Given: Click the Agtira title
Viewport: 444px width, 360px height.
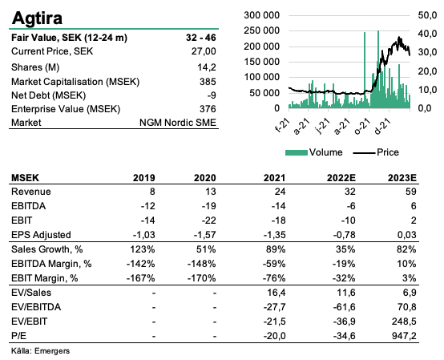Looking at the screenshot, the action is click(37, 18).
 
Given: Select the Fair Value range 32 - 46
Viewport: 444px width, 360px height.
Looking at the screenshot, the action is click(201, 38).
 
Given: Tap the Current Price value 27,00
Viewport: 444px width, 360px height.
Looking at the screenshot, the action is click(204, 51).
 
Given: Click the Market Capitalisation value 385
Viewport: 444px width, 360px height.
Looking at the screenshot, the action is click(208, 82).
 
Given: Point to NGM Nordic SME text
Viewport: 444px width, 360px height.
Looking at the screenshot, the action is click(178, 123).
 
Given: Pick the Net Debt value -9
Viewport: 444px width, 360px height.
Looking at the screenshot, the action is click(212, 95).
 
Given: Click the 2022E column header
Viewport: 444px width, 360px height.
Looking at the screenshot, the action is click(341, 178).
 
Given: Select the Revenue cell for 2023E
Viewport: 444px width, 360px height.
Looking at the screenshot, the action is click(410, 192).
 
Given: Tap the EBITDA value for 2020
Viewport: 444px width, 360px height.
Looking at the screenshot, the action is click(208, 206).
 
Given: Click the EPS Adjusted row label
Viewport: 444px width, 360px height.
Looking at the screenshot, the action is click(41, 235).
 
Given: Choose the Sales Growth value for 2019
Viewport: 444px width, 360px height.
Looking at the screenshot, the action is click(143, 249).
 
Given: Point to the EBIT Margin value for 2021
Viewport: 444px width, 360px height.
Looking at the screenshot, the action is click(274, 278).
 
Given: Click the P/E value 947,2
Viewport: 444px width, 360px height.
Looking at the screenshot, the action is click(404, 336).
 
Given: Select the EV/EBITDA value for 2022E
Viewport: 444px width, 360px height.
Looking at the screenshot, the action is click(344, 307).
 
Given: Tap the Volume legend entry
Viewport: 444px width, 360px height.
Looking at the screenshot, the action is click(313, 152).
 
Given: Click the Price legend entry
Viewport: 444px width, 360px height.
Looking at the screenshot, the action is click(376, 152).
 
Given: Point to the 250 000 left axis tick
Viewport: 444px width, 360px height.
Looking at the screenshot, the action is click(261, 30).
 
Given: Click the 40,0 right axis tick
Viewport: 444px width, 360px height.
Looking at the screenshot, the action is click(428, 34).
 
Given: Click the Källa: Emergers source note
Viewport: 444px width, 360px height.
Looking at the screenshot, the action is click(40, 351).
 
